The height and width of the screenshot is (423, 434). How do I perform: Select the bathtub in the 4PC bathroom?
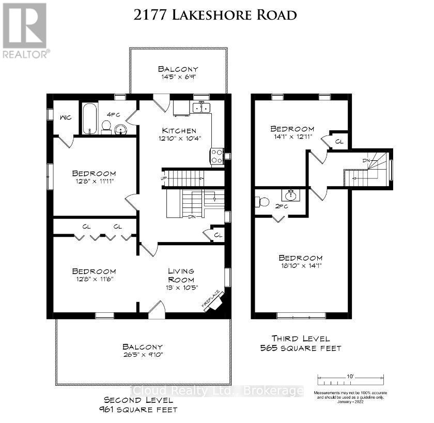[x=90, y=118]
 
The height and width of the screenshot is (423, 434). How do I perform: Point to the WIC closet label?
[x=65, y=117]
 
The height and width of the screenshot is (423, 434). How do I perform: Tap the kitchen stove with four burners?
[x=216, y=156]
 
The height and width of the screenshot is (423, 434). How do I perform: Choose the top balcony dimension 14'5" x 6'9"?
[x=178, y=77]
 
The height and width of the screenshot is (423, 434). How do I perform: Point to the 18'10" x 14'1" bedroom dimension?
[x=300, y=266]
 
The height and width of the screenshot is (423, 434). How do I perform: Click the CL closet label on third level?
[x=339, y=141]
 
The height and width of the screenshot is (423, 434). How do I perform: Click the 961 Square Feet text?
[x=141, y=410]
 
